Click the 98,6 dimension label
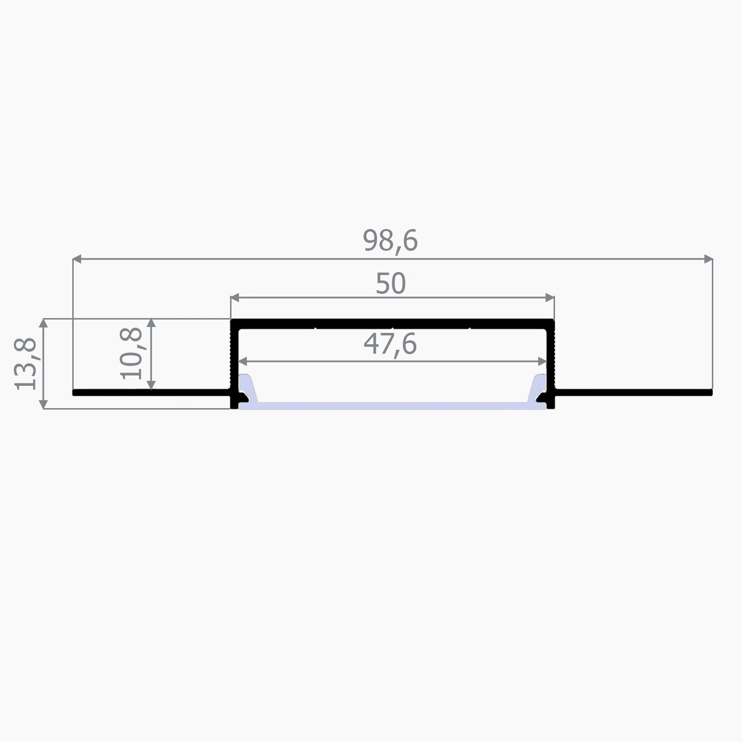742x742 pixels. [x=390, y=241]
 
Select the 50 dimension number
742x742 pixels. [x=390, y=284]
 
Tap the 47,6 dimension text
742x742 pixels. [x=390, y=344]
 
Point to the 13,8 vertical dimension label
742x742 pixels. [x=26, y=364]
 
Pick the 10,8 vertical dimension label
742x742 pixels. [x=132, y=353]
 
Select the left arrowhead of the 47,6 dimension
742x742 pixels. [x=242, y=362]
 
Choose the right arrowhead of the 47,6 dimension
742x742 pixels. [x=543, y=362]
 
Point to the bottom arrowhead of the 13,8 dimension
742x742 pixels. [x=44, y=404]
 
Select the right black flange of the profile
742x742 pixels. [x=633, y=393]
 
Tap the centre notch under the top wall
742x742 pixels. [x=392, y=328]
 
